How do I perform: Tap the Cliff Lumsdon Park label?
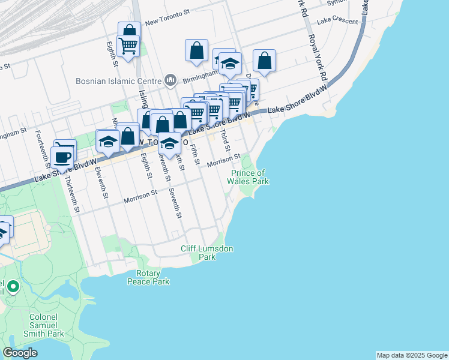pyautogui.click(x=207, y=253)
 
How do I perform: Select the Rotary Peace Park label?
pyautogui.click(x=148, y=277)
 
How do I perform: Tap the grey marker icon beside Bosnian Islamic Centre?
pyautogui.click(x=170, y=80)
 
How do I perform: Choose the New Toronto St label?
pyautogui.click(x=167, y=20)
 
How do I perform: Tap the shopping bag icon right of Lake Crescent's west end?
pyautogui.click(x=264, y=61)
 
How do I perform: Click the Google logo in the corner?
pyautogui.click(x=20, y=353)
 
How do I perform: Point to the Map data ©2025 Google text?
pyautogui.click(x=412, y=355)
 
